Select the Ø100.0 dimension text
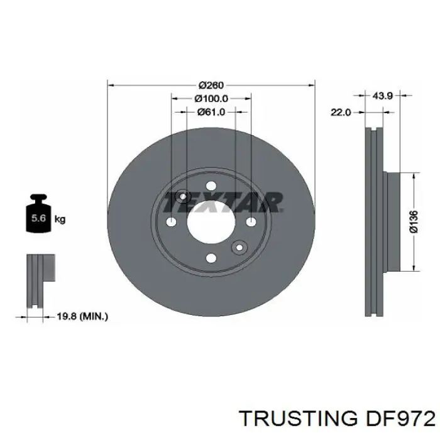[211, 99]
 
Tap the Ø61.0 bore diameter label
[211, 112]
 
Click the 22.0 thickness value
[340, 112]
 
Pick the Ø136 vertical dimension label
[413, 221]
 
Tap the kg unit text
[60, 219]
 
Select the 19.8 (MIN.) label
[82, 317]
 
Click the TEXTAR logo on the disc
[223, 202]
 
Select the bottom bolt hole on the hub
[211, 258]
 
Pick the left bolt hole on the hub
[172, 222]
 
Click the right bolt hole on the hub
[251, 222]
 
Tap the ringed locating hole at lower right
[239, 248]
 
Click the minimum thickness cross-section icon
[40, 281]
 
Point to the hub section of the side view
[392, 221]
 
